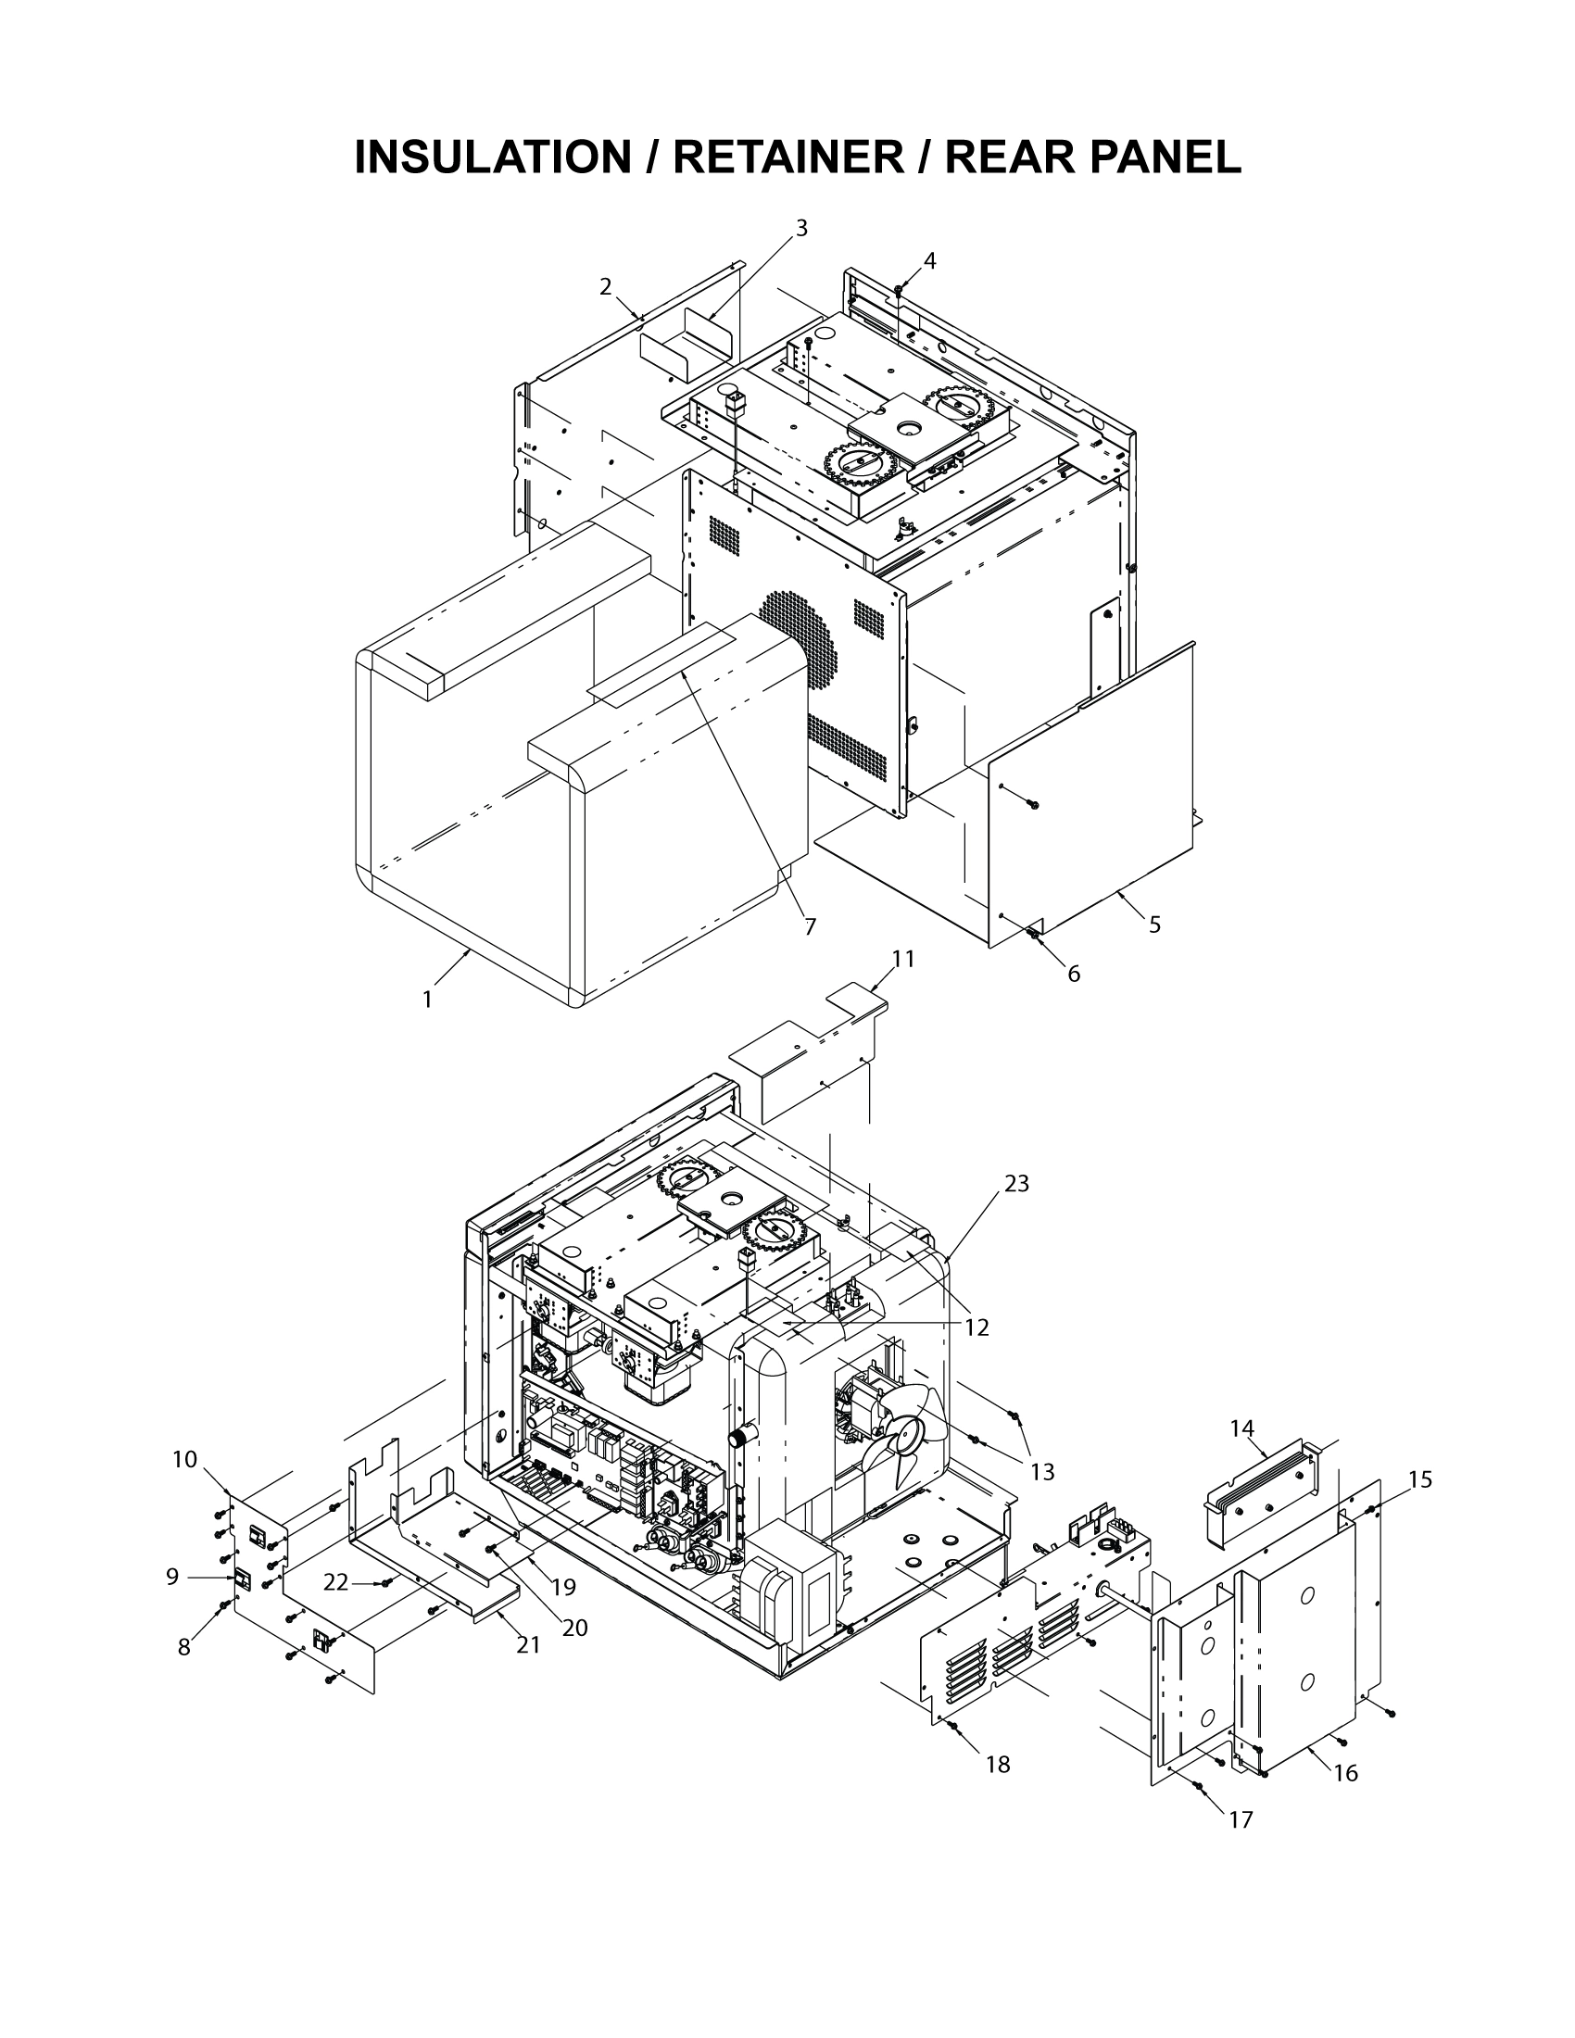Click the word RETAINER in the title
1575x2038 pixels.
(x=787, y=157)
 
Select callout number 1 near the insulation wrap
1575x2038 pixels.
(x=427, y=1000)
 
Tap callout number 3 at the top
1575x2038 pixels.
(x=800, y=228)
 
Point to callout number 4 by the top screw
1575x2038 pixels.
(x=929, y=261)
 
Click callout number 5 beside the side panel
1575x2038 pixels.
(x=1154, y=925)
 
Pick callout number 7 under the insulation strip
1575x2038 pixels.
(x=810, y=926)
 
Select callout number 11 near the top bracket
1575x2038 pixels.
(x=902, y=959)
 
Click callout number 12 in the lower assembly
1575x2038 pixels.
(x=976, y=1327)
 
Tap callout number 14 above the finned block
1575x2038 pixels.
(x=1241, y=1428)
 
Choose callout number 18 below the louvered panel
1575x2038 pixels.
(x=998, y=1765)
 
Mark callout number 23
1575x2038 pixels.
(x=1016, y=1183)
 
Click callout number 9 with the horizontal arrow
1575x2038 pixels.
(x=171, y=1577)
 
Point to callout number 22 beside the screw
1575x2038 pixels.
(x=336, y=1582)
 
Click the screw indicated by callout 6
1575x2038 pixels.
(x=1033, y=933)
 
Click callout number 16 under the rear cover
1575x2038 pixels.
(x=1345, y=1773)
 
